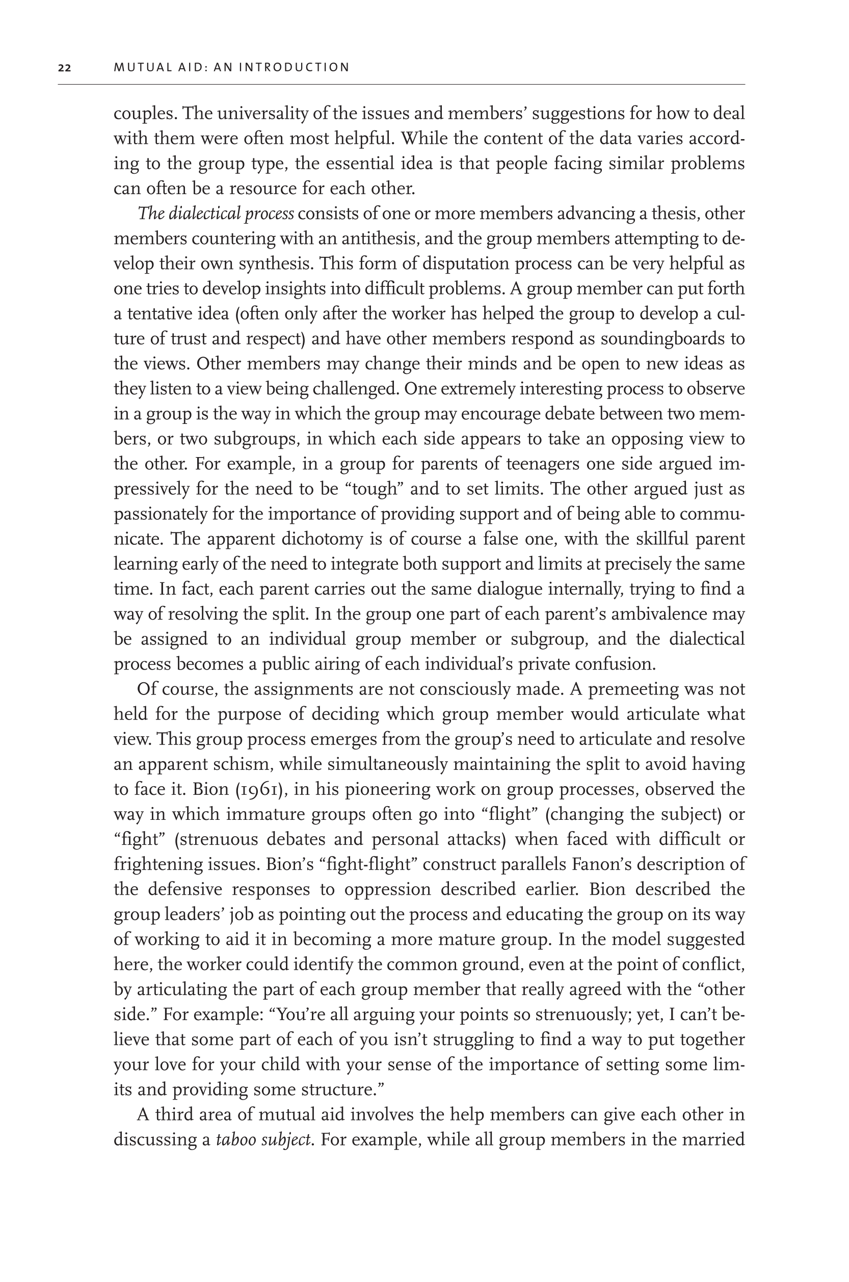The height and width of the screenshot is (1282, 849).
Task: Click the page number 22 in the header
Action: click(64, 68)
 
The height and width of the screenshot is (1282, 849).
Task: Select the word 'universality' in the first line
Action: click(252, 114)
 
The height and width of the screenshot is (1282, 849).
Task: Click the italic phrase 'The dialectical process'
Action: click(216, 214)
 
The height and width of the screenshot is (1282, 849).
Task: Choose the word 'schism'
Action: click(237, 764)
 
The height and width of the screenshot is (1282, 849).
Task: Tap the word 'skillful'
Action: click(662, 539)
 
